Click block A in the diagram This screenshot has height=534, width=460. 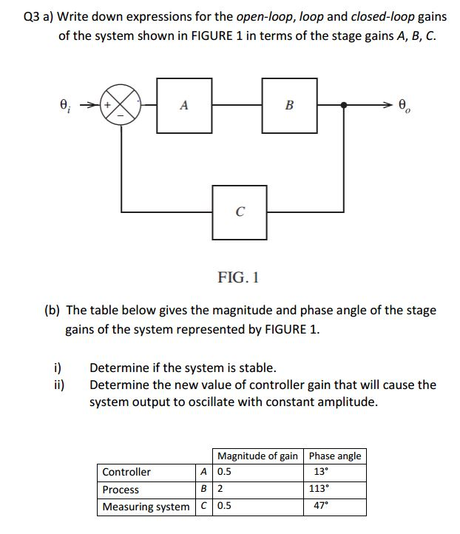click(184, 106)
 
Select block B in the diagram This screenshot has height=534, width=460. click(289, 106)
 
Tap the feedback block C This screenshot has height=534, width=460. click(240, 212)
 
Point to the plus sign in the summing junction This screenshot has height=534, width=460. click(107, 105)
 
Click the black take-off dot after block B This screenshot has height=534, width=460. click(344, 105)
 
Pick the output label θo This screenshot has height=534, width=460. click(404, 105)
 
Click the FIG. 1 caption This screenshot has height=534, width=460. click(238, 277)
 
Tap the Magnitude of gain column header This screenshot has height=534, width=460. click(258, 456)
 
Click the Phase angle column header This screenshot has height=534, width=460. click(335, 456)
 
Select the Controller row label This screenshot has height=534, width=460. click(126, 472)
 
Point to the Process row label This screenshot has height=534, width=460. click(121, 490)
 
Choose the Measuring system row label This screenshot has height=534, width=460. click(146, 507)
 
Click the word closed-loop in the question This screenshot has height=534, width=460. click(382, 17)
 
